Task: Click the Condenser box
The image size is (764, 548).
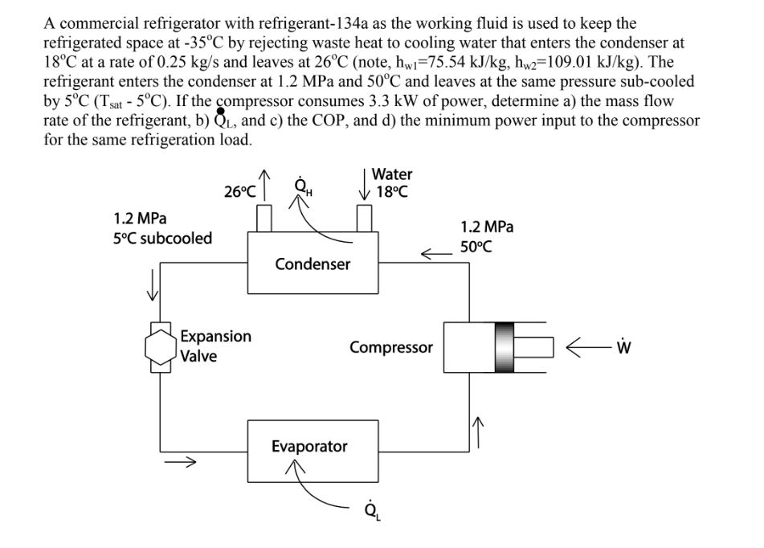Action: click(x=313, y=264)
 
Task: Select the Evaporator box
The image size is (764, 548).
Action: click(x=309, y=447)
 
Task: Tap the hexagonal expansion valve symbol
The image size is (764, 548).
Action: click(x=161, y=346)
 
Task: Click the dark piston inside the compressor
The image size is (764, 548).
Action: click(x=504, y=347)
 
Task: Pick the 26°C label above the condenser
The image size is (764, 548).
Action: click(x=240, y=191)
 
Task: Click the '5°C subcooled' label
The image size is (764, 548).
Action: click(x=163, y=239)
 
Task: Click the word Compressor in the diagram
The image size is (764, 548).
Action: click(x=390, y=348)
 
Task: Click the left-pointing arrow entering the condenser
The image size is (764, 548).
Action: click(x=435, y=255)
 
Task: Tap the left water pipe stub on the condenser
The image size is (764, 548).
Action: click(x=261, y=217)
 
